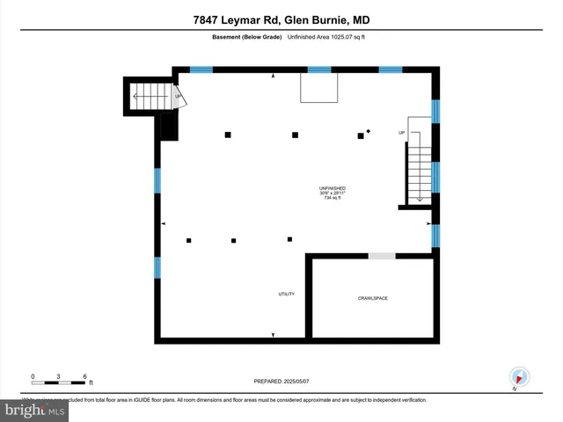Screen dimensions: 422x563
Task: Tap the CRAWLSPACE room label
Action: (372, 298)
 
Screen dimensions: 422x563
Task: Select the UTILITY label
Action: (286, 294)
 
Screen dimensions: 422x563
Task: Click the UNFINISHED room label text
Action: (333, 188)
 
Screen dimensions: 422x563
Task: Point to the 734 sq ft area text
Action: (333, 198)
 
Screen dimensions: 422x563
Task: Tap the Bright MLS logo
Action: (35, 410)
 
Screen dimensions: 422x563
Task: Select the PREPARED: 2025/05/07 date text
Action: (281, 381)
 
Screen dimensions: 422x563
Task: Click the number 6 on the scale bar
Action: (84, 376)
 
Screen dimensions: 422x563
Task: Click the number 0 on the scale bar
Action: (33, 376)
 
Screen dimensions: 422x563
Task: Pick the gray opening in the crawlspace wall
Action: (381, 256)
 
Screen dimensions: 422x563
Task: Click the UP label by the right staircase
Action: (402, 133)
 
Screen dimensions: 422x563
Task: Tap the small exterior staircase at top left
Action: (151, 95)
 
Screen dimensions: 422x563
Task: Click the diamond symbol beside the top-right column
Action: (369, 131)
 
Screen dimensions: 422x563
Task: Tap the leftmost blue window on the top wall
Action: (201, 69)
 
